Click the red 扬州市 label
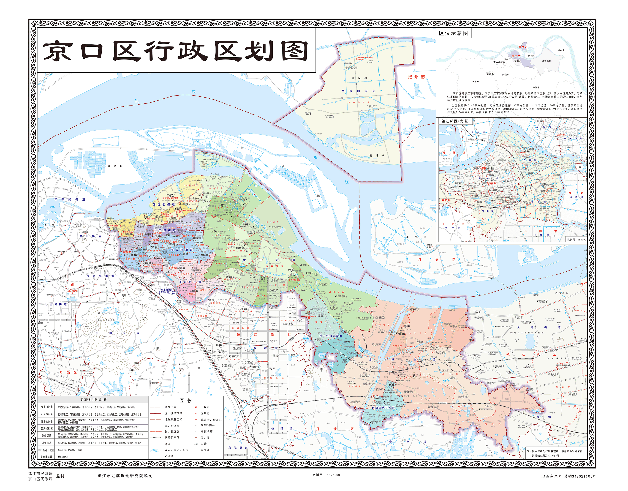pyautogui.click(x=416, y=77)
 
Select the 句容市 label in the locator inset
pyautogui.click(x=476, y=81)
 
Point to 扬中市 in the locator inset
pyautogui.click(x=561, y=50)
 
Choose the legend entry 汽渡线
pyautogui.click(x=169, y=456)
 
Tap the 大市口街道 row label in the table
pyautogui.click(x=47, y=407)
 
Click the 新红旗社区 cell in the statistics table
pyautogui.click(x=63, y=457)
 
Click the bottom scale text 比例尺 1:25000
pyautogui.click(x=326, y=475)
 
